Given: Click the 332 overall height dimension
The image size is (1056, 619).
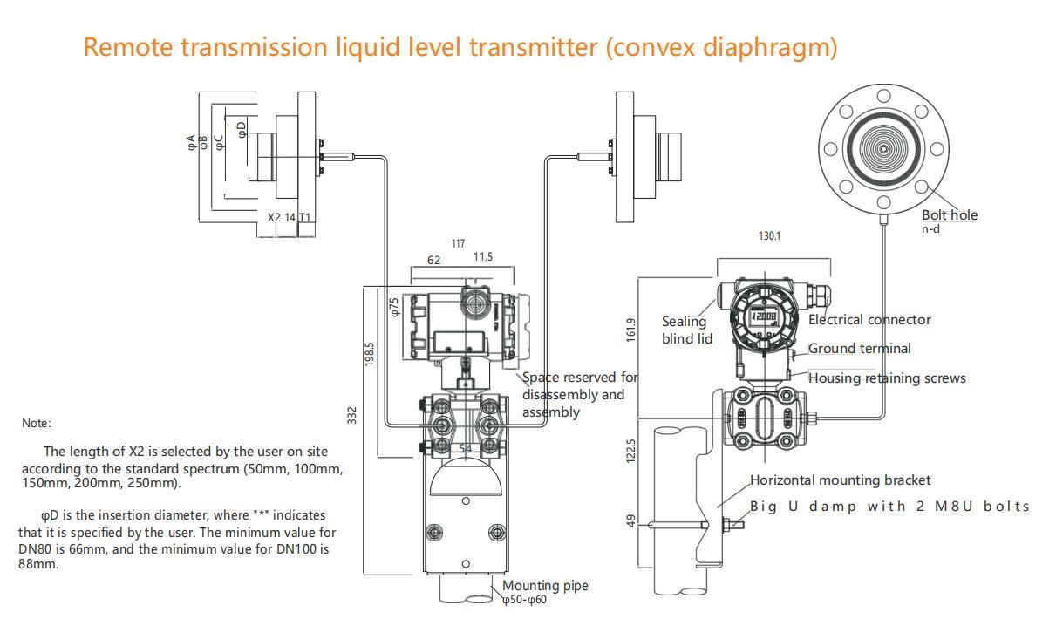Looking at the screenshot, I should (352, 415).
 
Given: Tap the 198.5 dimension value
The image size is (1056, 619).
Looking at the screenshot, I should (370, 353).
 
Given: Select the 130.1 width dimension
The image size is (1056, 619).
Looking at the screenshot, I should (769, 235).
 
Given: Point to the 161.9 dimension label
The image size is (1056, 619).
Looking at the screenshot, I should (631, 330).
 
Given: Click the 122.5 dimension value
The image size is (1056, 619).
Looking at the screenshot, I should (631, 452).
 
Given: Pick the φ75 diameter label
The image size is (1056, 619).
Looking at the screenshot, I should (394, 307).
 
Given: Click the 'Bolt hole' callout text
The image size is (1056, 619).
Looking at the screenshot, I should (950, 214).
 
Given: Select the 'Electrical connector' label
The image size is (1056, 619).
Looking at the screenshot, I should (869, 319).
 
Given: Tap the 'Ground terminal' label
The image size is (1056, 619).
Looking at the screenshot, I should (859, 348).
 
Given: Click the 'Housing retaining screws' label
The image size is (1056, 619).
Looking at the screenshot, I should (887, 378).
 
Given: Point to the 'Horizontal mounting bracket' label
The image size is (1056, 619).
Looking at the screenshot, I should (840, 480).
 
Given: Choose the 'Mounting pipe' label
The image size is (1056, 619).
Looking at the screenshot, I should (544, 585).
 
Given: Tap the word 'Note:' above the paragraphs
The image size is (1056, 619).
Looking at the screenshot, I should (37, 423).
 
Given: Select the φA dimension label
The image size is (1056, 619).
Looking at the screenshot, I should (191, 143).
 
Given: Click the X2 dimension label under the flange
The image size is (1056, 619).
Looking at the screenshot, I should (274, 217).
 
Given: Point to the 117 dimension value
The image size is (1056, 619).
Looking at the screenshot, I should (458, 243).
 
